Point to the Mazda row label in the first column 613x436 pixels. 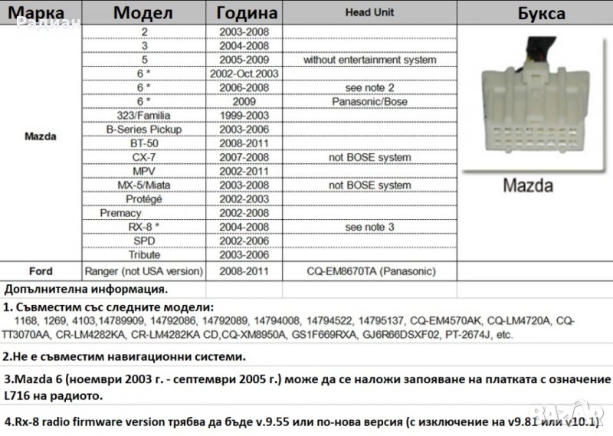pos(40,136)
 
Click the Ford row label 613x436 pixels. pos(40,270)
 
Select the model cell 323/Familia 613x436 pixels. pos(144,115)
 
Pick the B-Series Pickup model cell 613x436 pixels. pos(144,129)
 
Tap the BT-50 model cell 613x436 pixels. pos(144,143)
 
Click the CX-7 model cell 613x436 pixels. pos(144,157)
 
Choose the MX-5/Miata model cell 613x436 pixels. pos(144,185)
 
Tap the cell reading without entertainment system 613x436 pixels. pos(369,60)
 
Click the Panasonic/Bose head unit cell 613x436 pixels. pos(369,101)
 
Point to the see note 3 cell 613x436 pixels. pos(369,227)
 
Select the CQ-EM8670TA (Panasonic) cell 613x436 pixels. pos(369,270)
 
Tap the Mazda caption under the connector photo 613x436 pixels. pos(528,185)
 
